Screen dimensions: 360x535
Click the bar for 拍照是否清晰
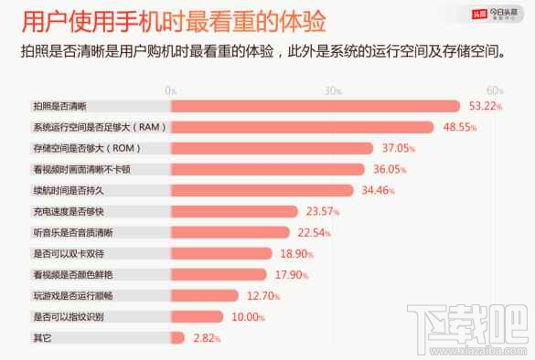point(314,106)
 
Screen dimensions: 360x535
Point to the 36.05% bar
point(267,169)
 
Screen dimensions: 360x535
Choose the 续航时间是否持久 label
point(68,190)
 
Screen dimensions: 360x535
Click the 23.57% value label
point(324,211)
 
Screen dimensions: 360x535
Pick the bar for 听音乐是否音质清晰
point(229,232)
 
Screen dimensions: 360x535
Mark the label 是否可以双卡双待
point(68,253)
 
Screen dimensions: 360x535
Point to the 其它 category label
point(42,337)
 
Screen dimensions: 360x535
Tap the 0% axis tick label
point(171,90)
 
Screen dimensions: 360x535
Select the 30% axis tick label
point(332,90)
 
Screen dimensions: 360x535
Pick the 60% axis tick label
point(495,90)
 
